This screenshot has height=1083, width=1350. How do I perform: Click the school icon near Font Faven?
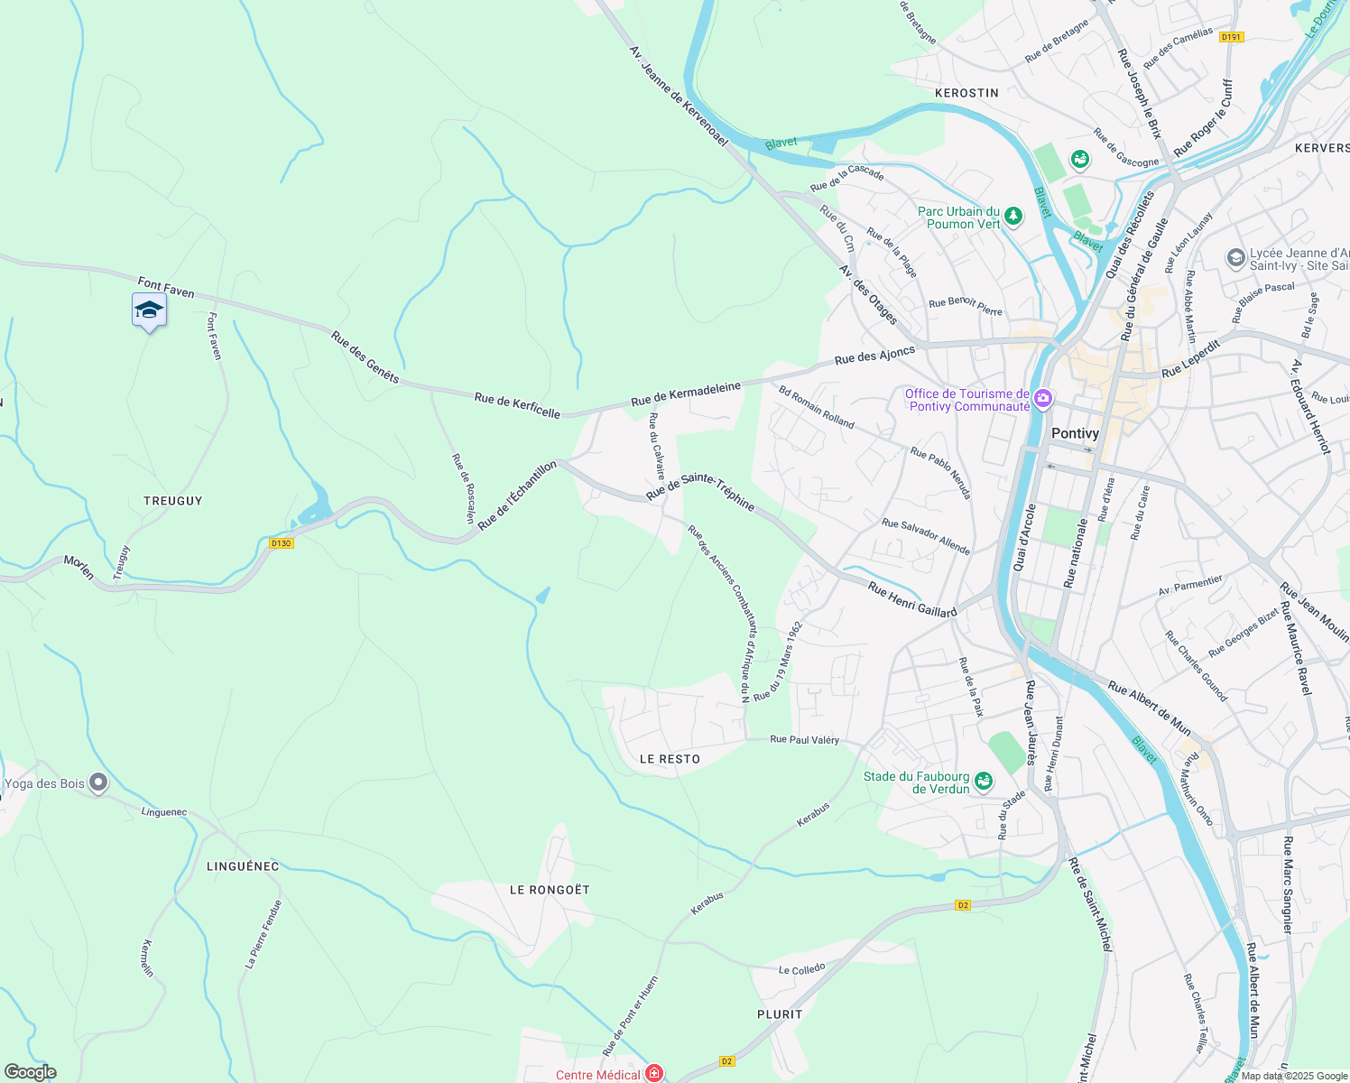tap(149, 311)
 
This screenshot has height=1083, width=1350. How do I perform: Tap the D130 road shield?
tap(282, 543)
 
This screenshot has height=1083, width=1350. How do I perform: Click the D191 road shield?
tap(1231, 37)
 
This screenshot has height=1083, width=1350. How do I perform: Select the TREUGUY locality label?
tap(173, 501)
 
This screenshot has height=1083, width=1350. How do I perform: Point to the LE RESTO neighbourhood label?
tap(670, 759)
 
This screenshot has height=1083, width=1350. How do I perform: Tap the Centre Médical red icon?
tap(654, 1073)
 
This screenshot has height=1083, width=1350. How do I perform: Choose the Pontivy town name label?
tap(1075, 433)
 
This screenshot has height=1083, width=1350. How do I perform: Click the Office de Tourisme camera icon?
tap(1043, 398)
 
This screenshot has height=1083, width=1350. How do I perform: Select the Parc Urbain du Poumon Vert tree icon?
tap(1013, 216)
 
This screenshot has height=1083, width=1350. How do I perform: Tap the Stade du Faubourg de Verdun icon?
tap(984, 780)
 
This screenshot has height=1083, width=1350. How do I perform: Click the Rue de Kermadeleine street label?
tap(686, 393)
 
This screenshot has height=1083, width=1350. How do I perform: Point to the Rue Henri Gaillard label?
tap(911, 600)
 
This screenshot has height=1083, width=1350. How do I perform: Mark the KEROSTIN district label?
tap(966, 93)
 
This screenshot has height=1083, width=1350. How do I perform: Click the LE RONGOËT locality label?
tap(550, 890)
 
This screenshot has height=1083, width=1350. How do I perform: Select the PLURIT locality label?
tap(780, 1014)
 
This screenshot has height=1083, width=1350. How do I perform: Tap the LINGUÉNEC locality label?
tap(243, 866)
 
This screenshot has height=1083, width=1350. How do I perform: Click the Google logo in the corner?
tap(31, 1072)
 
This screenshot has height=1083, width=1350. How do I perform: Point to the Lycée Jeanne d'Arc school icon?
tap(1235, 258)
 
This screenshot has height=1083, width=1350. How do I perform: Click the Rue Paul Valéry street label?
tap(804, 739)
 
